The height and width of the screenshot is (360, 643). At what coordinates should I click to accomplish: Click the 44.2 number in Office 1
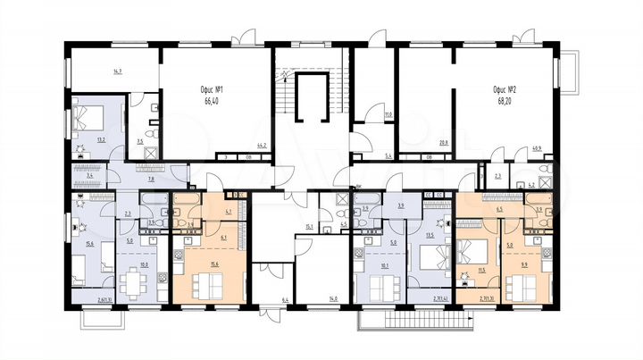(263, 145)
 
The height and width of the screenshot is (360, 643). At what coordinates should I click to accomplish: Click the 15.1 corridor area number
(307, 226)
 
